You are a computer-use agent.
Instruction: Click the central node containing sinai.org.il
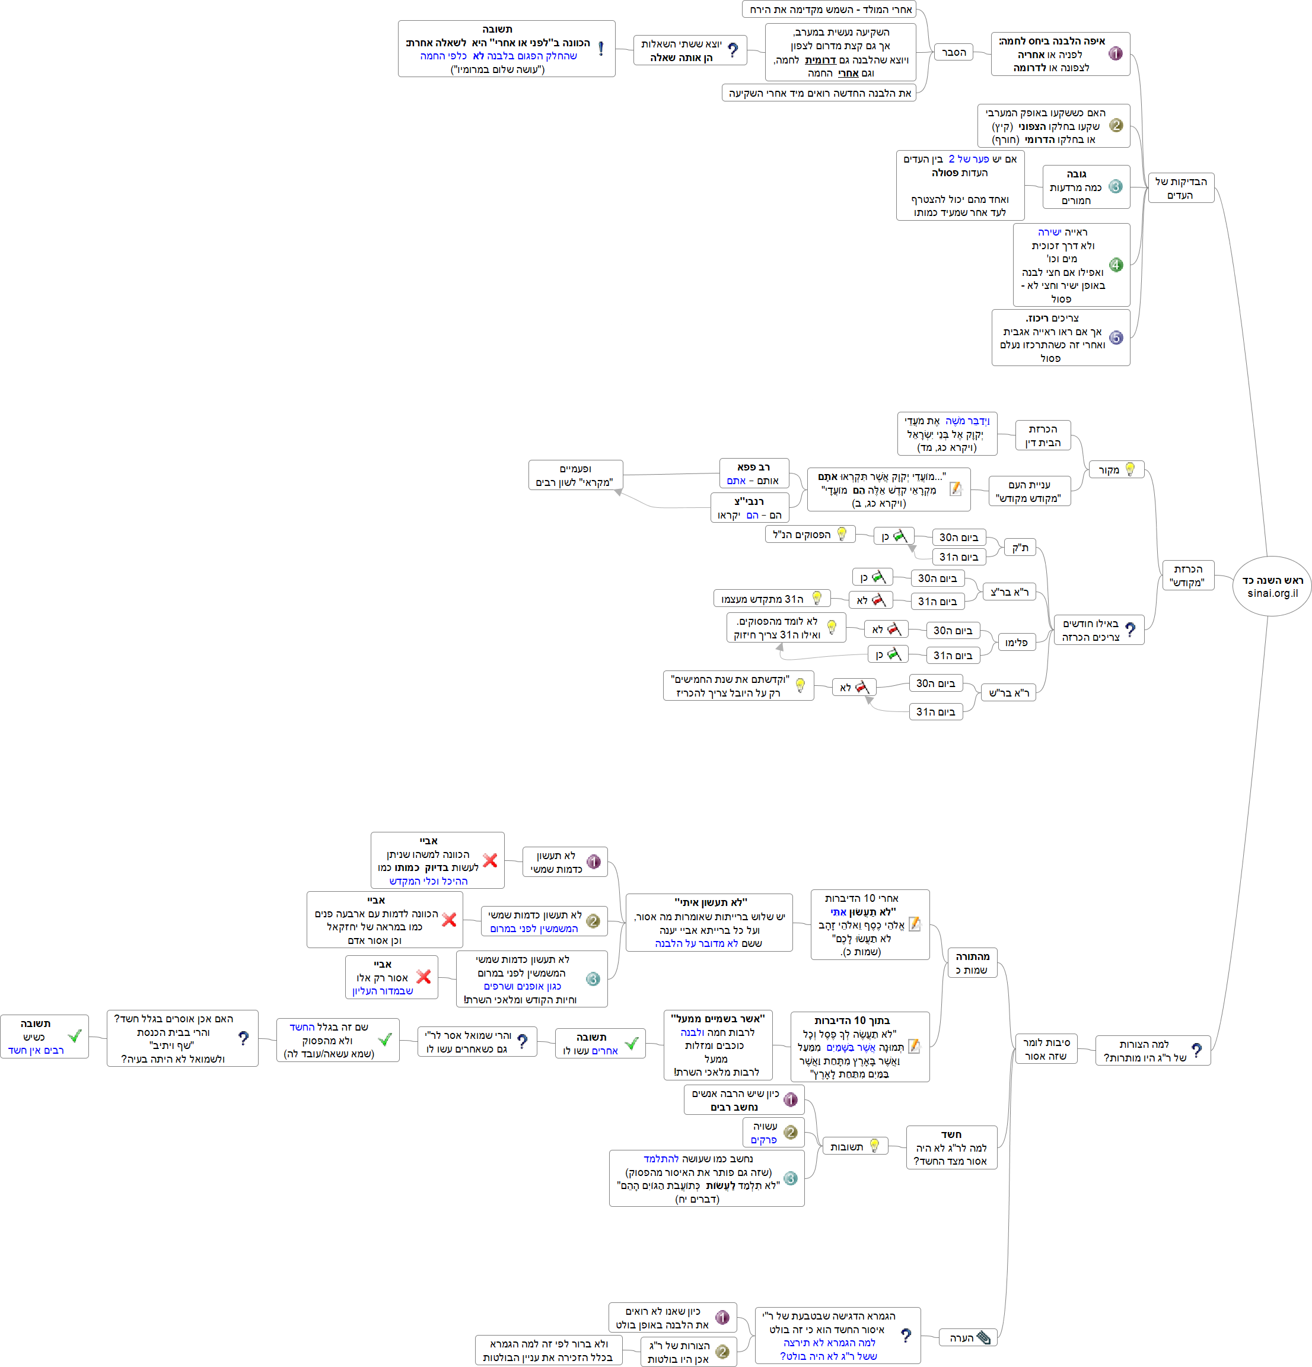pyautogui.click(x=1272, y=587)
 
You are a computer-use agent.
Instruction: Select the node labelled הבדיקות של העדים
pyautogui.click(x=1180, y=188)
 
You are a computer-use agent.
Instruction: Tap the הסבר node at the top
pyautogui.click(x=953, y=52)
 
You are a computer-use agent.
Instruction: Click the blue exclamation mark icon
pyautogui.click(x=601, y=49)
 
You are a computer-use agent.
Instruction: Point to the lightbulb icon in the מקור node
pyautogui.click(x=1129, y=469)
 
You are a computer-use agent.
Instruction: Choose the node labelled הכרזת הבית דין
pyautogui.click(x=1042, y=436)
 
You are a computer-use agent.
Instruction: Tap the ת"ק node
pyautogui.click(x=1020, y=548)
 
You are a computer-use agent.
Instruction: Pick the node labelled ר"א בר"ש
pyautogui.click(x=1009, y=692)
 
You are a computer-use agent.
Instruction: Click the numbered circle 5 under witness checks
pyautogui.click(x=1116, y=338)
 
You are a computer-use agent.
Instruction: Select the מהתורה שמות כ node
pyautogui.click(x=972, y=963)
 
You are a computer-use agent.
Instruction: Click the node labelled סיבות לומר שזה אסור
pyautogui.click(x=1046, y=1049)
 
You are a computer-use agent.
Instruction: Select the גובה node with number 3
pyautogui.click(x=1085, y=187)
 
